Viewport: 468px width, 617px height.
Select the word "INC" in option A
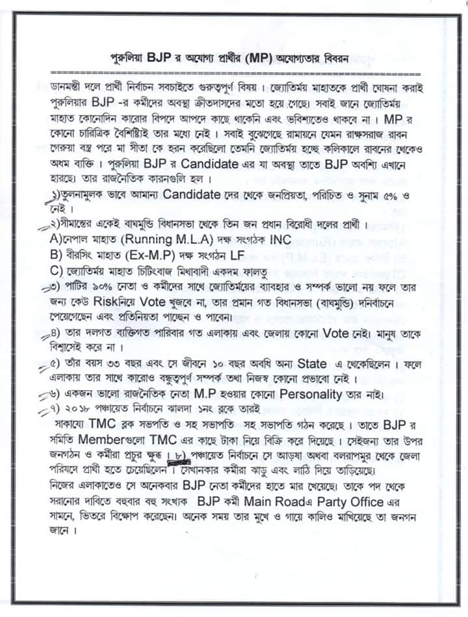(x=280, y=240)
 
